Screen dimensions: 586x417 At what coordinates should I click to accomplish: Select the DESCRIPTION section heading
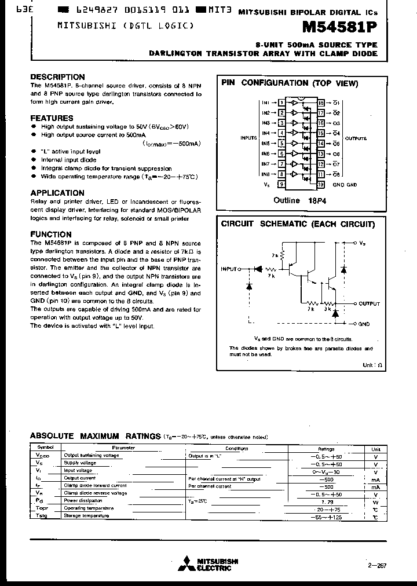point(57,77)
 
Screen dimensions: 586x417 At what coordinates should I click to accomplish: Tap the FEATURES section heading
point(52,118)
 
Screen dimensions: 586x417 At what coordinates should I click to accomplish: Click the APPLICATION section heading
point(57,193)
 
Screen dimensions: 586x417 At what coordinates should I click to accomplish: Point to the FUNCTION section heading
point(51,235)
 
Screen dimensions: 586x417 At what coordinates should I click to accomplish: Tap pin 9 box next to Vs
point(281,185)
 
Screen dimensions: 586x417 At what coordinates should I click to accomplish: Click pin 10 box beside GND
point(320,185)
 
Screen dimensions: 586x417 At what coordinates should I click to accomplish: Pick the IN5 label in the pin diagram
point(265,144)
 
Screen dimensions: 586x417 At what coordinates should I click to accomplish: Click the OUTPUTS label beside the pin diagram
point(356,138)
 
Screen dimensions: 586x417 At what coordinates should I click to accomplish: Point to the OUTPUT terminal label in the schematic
point(369,303)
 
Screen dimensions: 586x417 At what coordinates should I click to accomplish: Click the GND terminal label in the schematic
point(364,324)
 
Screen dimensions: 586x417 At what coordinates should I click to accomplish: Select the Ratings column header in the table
point(326,448)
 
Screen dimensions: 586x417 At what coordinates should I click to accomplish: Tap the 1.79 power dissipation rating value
point(326,501)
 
